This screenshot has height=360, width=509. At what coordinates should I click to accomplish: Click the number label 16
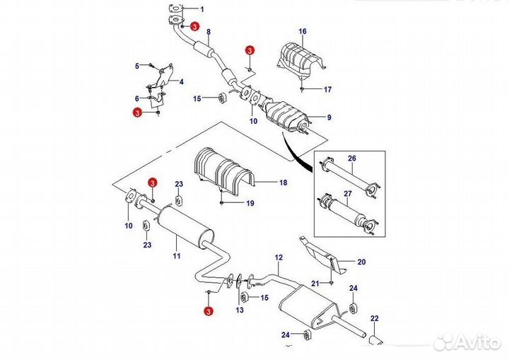point(303,32)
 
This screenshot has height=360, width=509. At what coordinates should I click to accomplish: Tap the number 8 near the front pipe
point(209,33)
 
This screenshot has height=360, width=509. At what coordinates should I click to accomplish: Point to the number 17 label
point(327,90)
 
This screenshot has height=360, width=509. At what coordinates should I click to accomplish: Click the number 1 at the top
point(201,8)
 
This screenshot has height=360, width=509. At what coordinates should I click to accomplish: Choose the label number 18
point(283,182)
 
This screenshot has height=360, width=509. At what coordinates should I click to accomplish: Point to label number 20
point(361,262)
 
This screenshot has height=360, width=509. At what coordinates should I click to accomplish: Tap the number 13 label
point(240,310)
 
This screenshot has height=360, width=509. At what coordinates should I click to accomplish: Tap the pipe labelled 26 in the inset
point(351,176)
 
